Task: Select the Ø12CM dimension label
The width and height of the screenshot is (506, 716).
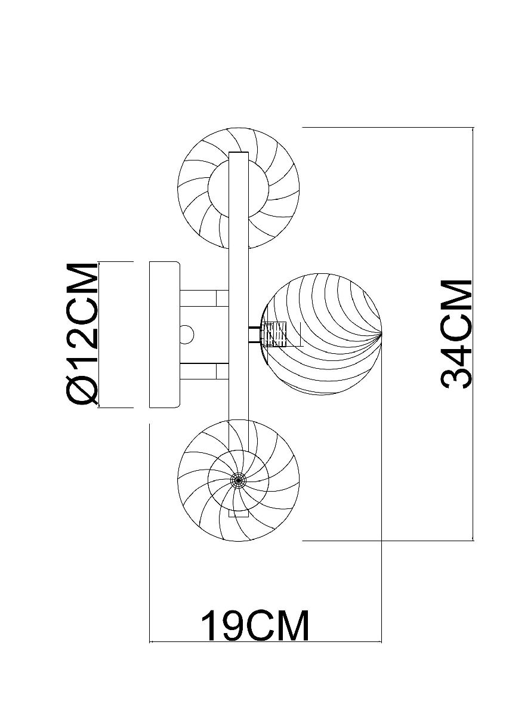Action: tap(82, 335)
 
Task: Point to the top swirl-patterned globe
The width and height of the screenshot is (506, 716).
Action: tap(239, 189)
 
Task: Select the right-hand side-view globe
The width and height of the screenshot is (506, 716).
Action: tap(322, 335)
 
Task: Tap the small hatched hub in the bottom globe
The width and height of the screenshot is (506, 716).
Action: tap(238, 489)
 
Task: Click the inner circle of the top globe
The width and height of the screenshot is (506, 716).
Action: tap(239, 189)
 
